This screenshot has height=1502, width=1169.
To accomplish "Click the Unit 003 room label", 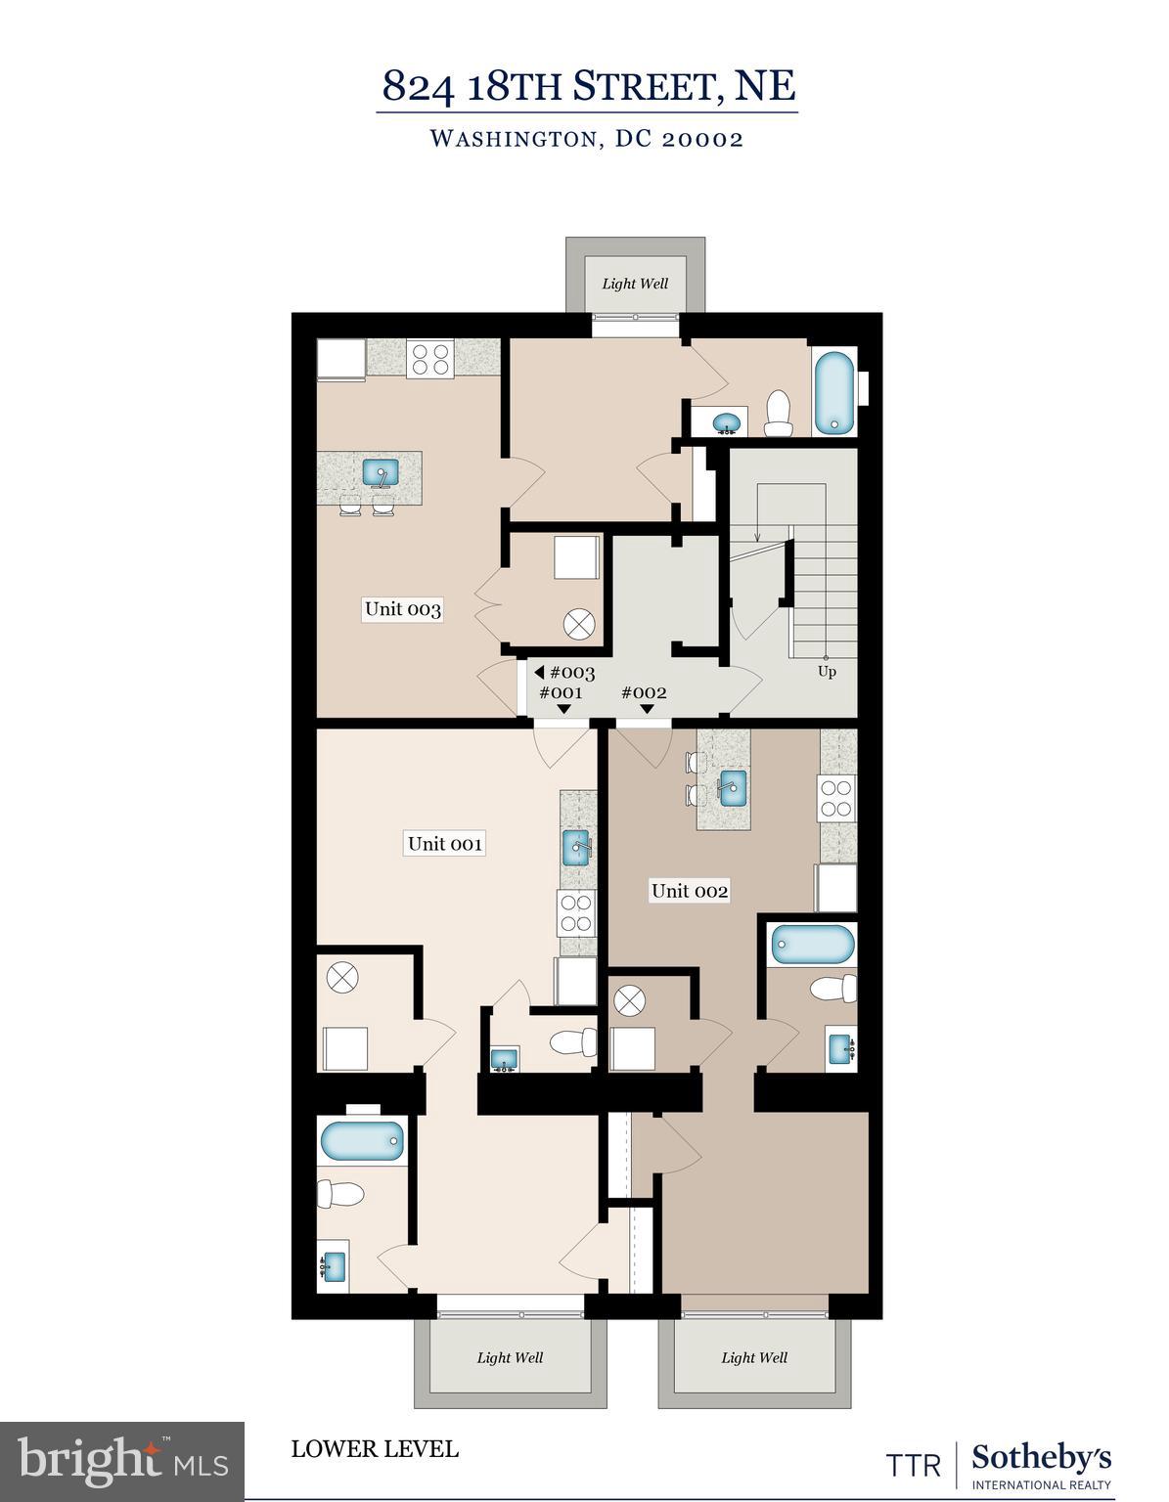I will (402, 609).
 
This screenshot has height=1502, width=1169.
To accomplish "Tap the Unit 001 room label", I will (445, 843).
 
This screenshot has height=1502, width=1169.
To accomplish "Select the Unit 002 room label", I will (690, 890).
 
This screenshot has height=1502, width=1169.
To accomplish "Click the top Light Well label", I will (635, 284).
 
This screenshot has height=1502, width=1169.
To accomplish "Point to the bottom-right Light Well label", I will (754, 1357).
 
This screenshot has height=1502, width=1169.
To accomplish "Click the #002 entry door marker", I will (645, 693).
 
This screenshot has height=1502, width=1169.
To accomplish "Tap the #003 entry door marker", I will (565, 673).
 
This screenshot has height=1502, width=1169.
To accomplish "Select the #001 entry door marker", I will (562, 693).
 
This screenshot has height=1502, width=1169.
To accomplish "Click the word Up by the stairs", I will (827, 672).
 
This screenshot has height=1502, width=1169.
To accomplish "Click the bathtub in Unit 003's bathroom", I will (834, 392).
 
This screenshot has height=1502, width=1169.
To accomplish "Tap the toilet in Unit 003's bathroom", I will (779, 414).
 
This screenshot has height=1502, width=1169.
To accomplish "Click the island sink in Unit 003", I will (381, 472).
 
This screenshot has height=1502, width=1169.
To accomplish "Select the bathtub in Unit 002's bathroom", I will (812, 945).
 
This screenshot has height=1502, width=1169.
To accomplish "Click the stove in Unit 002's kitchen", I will (836, 798).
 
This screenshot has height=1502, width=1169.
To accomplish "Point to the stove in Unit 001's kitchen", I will (576, 911).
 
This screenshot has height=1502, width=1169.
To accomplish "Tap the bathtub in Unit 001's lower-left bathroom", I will (362, 1139).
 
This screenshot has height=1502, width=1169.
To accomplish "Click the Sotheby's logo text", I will (1041, 1459).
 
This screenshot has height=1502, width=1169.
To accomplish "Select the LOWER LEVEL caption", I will (375, 1448).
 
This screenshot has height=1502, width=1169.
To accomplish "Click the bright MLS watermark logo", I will (122, 1461).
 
